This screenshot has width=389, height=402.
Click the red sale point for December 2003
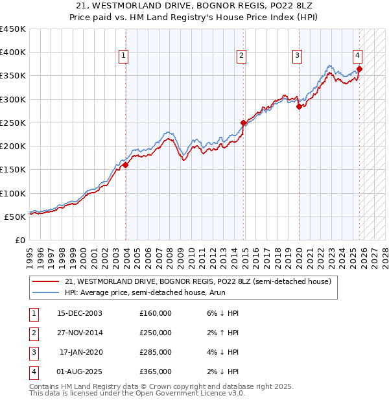coord(126,165)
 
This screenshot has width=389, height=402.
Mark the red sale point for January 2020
coord(299,107)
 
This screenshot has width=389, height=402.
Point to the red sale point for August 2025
coord(360,69)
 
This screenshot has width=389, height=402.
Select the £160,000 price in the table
coord(156,313)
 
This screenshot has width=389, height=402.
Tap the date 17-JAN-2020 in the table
coord(81,352)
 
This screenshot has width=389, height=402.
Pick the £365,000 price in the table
coord(156,372)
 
